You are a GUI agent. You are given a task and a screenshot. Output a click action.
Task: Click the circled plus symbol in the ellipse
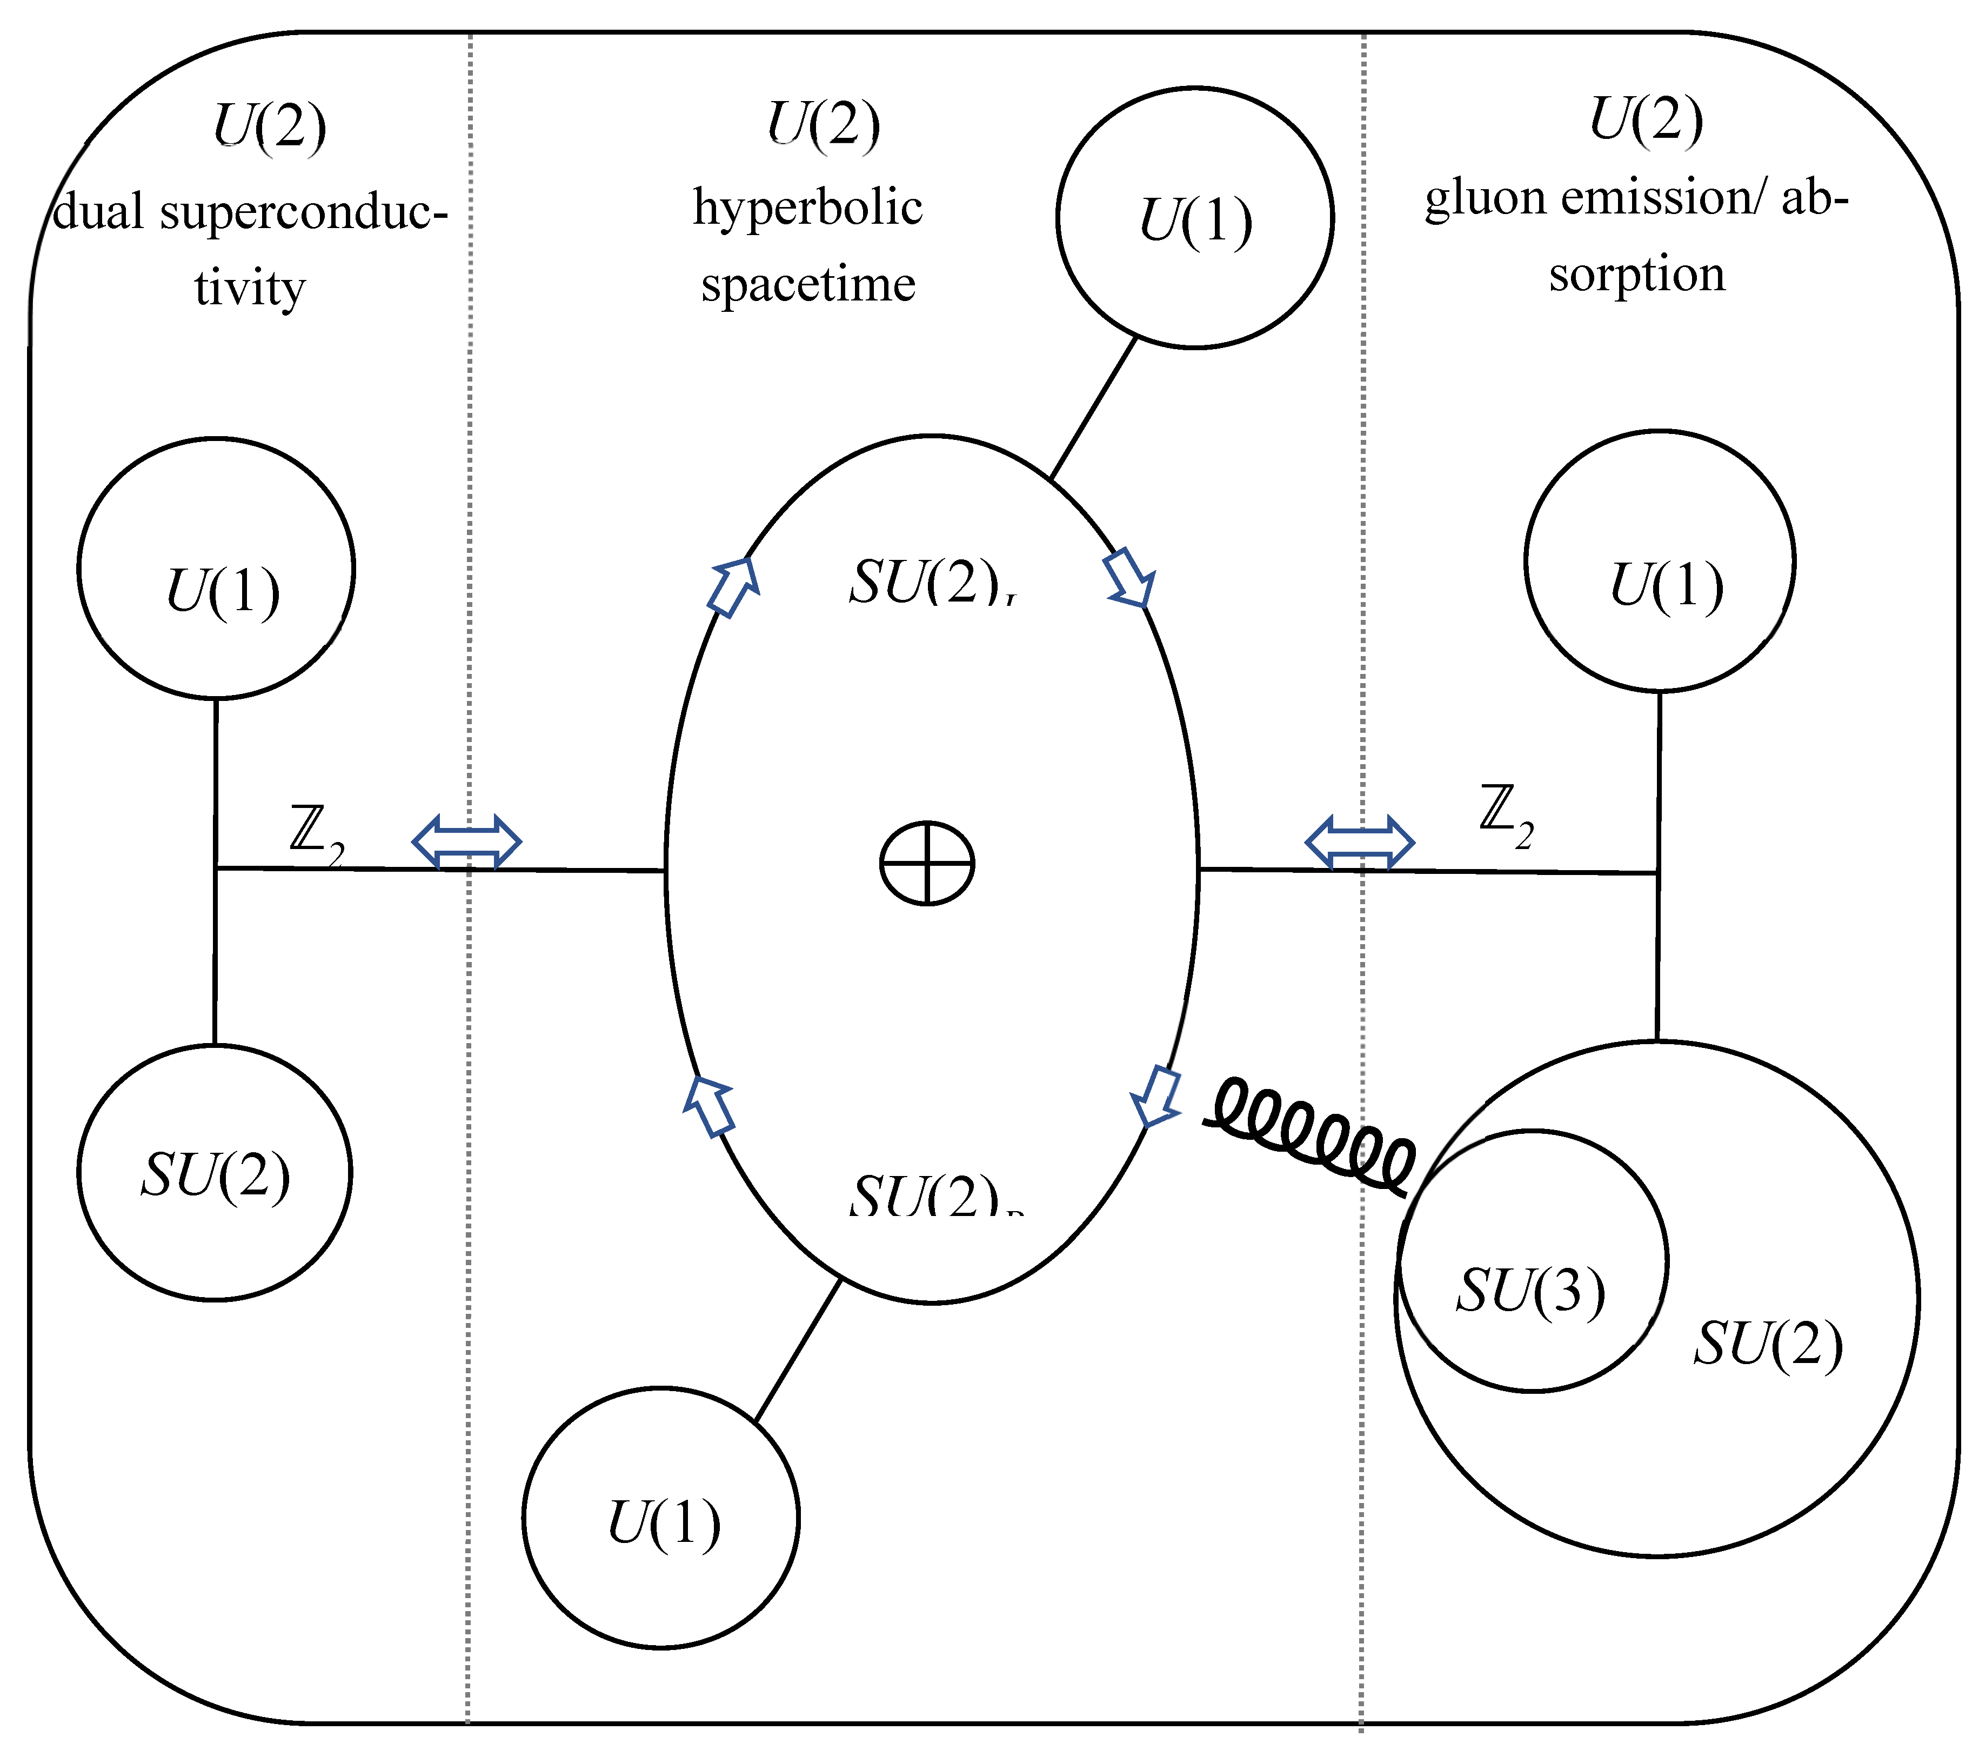[x=927, y=864]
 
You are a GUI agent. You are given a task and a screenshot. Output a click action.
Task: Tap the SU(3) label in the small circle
[x=1530, y=1291]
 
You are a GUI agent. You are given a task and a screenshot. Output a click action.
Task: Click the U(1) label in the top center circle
[x=1196, y=221]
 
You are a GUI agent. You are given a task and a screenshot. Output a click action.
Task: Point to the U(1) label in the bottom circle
[x=663, y=1524]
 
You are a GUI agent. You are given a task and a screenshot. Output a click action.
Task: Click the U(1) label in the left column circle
[x=223, y=591]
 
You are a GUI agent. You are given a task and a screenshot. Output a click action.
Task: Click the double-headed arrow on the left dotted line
[x=467, y=841]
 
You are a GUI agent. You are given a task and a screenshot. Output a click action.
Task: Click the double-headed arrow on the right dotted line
[x=1359, y=841]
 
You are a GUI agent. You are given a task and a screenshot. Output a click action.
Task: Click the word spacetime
[x=807, y=285]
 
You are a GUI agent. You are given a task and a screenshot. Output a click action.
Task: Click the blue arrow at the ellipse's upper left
[x=734, y=586]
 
